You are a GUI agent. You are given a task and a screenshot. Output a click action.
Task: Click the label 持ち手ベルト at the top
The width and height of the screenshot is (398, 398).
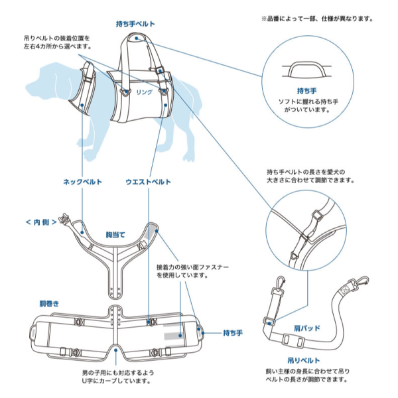[x=135, y=23]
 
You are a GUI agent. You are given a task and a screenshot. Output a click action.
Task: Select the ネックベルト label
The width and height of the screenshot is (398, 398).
[x=84, y=182]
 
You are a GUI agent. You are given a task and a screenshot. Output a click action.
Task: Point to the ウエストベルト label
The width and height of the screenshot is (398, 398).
[x=149, y=182]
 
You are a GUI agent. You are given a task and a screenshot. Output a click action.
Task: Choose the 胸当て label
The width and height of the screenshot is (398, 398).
[x=115, y=235]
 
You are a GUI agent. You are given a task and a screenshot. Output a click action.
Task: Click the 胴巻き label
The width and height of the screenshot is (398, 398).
[x=49, y=303]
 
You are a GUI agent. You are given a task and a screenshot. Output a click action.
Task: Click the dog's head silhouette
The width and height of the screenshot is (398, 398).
[x=43, y=83]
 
